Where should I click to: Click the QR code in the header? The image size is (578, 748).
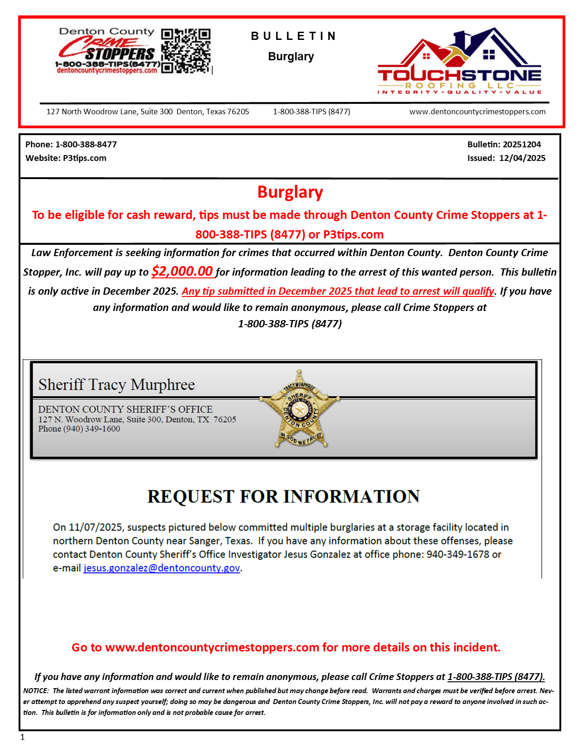point(186,51)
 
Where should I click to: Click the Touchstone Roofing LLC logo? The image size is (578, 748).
point(459,62)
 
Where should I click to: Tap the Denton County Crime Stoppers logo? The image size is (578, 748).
point(107,51)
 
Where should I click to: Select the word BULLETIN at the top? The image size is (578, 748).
point(294,36)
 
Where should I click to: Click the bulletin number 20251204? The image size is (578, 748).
point(522,145)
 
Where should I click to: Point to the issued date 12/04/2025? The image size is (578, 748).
point(522,158)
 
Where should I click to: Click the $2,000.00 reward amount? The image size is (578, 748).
point(182,271)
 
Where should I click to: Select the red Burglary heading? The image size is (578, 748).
point(290,192)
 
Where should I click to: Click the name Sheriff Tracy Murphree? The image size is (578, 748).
point(117,384)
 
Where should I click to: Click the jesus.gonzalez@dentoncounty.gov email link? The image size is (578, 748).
point(162,568)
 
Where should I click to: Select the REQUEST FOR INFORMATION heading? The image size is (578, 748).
point(283,496)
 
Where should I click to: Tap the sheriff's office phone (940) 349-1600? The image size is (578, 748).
point(92,429)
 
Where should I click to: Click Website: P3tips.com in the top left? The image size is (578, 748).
point(66,158)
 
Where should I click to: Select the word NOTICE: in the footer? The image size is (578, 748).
point(36,691)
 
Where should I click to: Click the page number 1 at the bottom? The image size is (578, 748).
point(23,738)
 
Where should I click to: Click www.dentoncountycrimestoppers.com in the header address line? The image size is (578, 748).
point(477,112)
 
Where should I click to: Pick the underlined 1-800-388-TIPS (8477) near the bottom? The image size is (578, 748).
point(496,677)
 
